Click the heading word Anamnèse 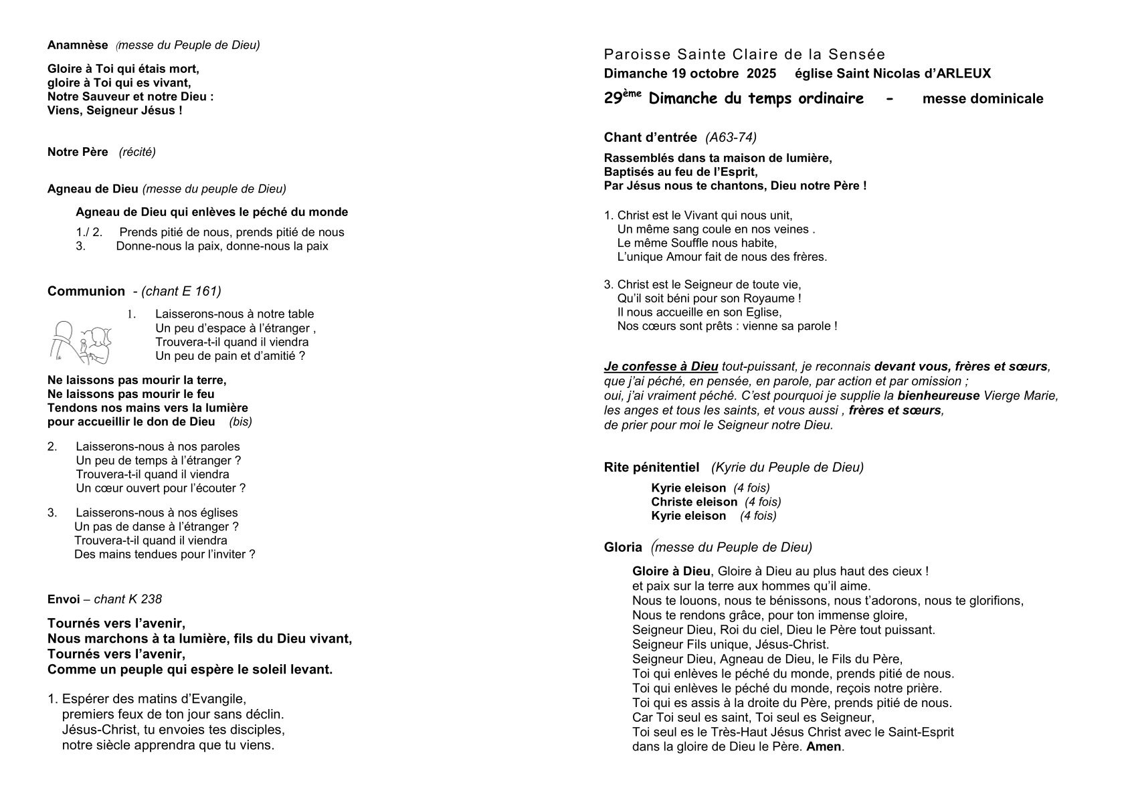coord(78,45)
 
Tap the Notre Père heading coord(78,152)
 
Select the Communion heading coord(86,291)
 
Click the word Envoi coord(64,599)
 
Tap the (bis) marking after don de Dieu coord(240,421)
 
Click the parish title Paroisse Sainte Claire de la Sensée coord(744,54)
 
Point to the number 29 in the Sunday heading coord(613,99)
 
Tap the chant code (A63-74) coord(731,138)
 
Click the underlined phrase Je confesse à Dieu coord(660,367)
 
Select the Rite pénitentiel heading coord(651,467)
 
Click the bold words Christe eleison coord(694,502)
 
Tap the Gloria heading coord(623,547)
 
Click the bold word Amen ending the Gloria coord(824,746)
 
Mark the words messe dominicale coord(982,99)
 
